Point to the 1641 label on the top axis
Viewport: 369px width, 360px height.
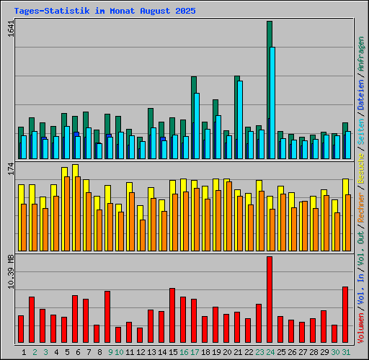tap(10, 30)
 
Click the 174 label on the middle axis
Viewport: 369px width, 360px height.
tap(10, 169)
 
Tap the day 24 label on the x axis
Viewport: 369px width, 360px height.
tap(270, 352)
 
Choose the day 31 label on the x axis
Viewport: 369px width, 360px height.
tap(346, 352)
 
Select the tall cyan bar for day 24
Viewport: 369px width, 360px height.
tap(272, 101)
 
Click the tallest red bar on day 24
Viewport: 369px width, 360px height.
tap(270, 299)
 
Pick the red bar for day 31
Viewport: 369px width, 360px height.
tap(345, 315)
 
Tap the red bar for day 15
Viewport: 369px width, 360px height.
tap(172, 315)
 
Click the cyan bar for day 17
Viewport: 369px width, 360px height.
tap(196, 126)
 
